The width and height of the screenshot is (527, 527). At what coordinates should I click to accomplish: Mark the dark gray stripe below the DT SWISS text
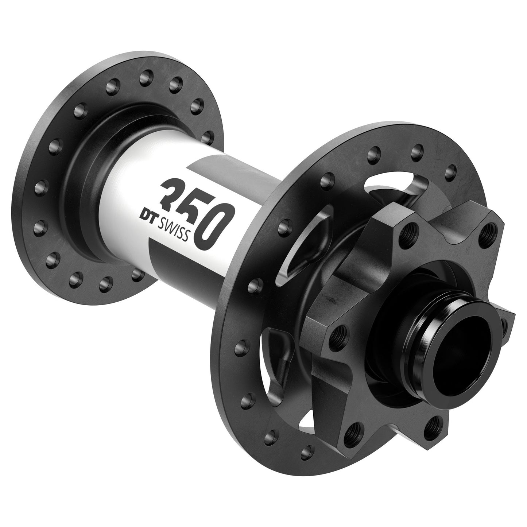171,263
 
